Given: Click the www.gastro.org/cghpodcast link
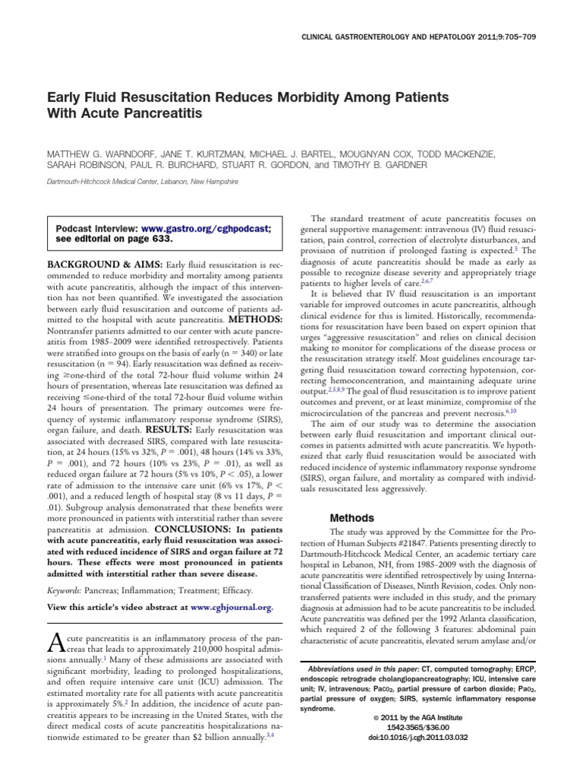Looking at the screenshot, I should pos(206,228).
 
